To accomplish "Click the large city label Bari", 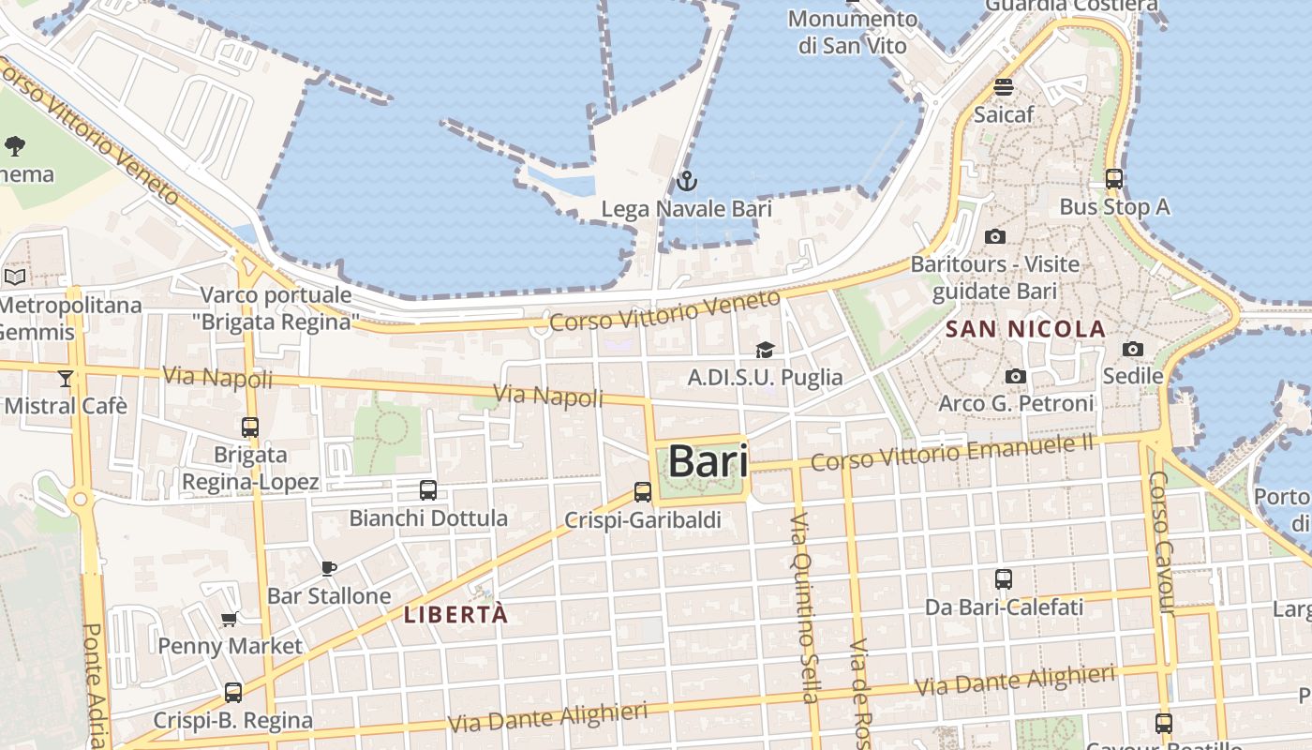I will [x=708, y=461].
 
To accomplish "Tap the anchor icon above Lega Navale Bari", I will [x=687, y=181].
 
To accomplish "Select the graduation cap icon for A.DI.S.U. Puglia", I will [x=765, y=351].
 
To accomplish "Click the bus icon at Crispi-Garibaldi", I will [x=643, y=491].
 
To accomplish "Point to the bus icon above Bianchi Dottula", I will [x=428, y=489].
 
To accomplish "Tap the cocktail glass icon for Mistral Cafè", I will [x=65, y=378].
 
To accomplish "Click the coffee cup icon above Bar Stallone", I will [x=329, y=568].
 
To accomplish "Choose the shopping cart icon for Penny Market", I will [x=230, y=619].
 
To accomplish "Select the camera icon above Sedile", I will [x=1133, y=350].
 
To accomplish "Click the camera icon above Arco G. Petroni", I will [x=1016, y=377].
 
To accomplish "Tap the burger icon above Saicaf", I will [x=1004, y=87].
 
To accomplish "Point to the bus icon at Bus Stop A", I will [x=1114, y=178].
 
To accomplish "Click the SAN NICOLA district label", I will [x=1025, y=330].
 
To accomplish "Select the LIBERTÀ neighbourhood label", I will [x=455, y=615].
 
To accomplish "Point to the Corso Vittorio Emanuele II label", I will [x=952, y=453].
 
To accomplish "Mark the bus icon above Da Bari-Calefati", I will [x=1004, y=578].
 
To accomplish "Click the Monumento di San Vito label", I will [x=852, y=32].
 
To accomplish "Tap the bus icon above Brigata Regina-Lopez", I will [x=250, y=427].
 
